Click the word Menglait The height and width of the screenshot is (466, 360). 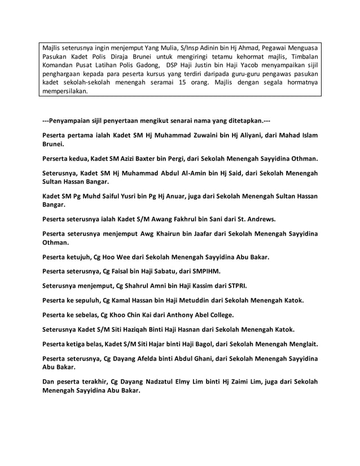tap(299, 344)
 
